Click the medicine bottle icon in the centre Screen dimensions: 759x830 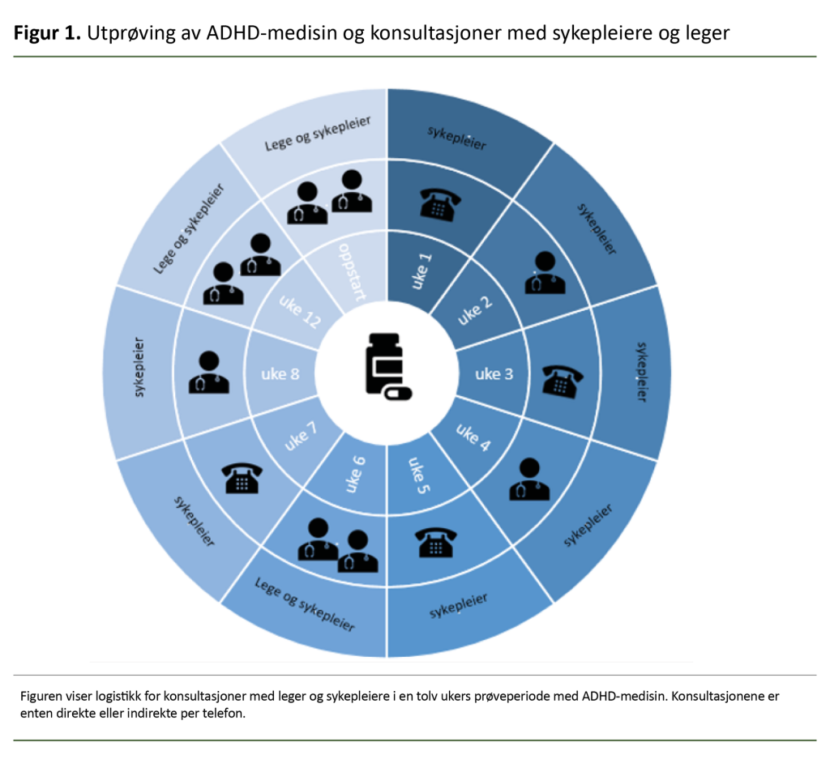[x=387, y=367]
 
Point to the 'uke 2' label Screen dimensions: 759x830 [x=475, y=310]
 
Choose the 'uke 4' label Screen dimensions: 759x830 [x=473, y=437]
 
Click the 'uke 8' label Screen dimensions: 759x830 [x=280, y=373]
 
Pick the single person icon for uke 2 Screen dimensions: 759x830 [x=543, y=272]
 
